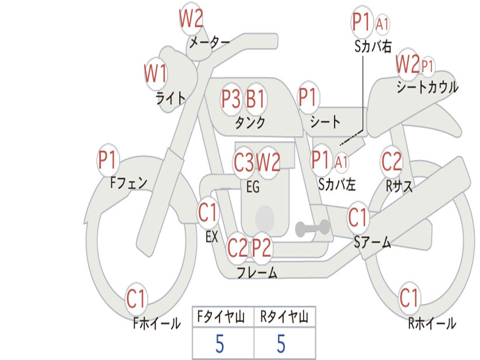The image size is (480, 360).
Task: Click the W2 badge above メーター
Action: tap(191, 20)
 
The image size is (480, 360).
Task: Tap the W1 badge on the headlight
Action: tap(155, 74)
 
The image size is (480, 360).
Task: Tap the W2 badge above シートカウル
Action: tap(407, 65)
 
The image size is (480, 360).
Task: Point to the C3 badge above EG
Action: tap(244, 163)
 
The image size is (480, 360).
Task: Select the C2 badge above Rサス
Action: tap(391, 162)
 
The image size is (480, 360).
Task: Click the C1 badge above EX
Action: tap(208, 213)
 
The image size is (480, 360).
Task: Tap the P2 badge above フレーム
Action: tap(262, 247)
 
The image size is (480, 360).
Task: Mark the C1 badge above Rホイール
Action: tap(409, 298)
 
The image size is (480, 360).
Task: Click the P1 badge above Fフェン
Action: tap(108, 161)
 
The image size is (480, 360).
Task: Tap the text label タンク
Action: tap(250, 123)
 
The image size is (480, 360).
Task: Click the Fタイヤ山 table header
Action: tap(223, 317)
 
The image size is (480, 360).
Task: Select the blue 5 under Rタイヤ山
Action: tap(281, 345)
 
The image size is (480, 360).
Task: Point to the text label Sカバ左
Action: tap(337, 184)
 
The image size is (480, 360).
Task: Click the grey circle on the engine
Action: tap(264, 217)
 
